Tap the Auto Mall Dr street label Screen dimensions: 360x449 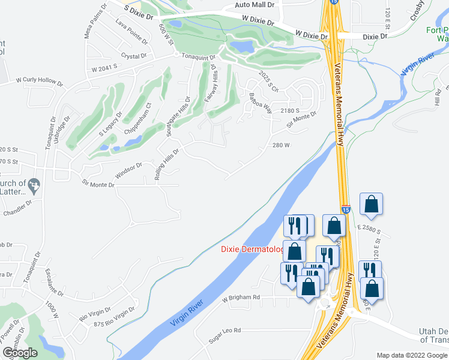(255, 5)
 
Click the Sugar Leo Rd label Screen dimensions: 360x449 (224, 331)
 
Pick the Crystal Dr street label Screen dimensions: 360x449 (134, 56)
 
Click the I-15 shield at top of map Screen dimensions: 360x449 (334, 2)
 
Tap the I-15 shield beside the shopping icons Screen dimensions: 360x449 (346, 209)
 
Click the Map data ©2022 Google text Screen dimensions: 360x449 (411, 355)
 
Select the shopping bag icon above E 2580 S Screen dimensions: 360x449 (372, 204)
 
